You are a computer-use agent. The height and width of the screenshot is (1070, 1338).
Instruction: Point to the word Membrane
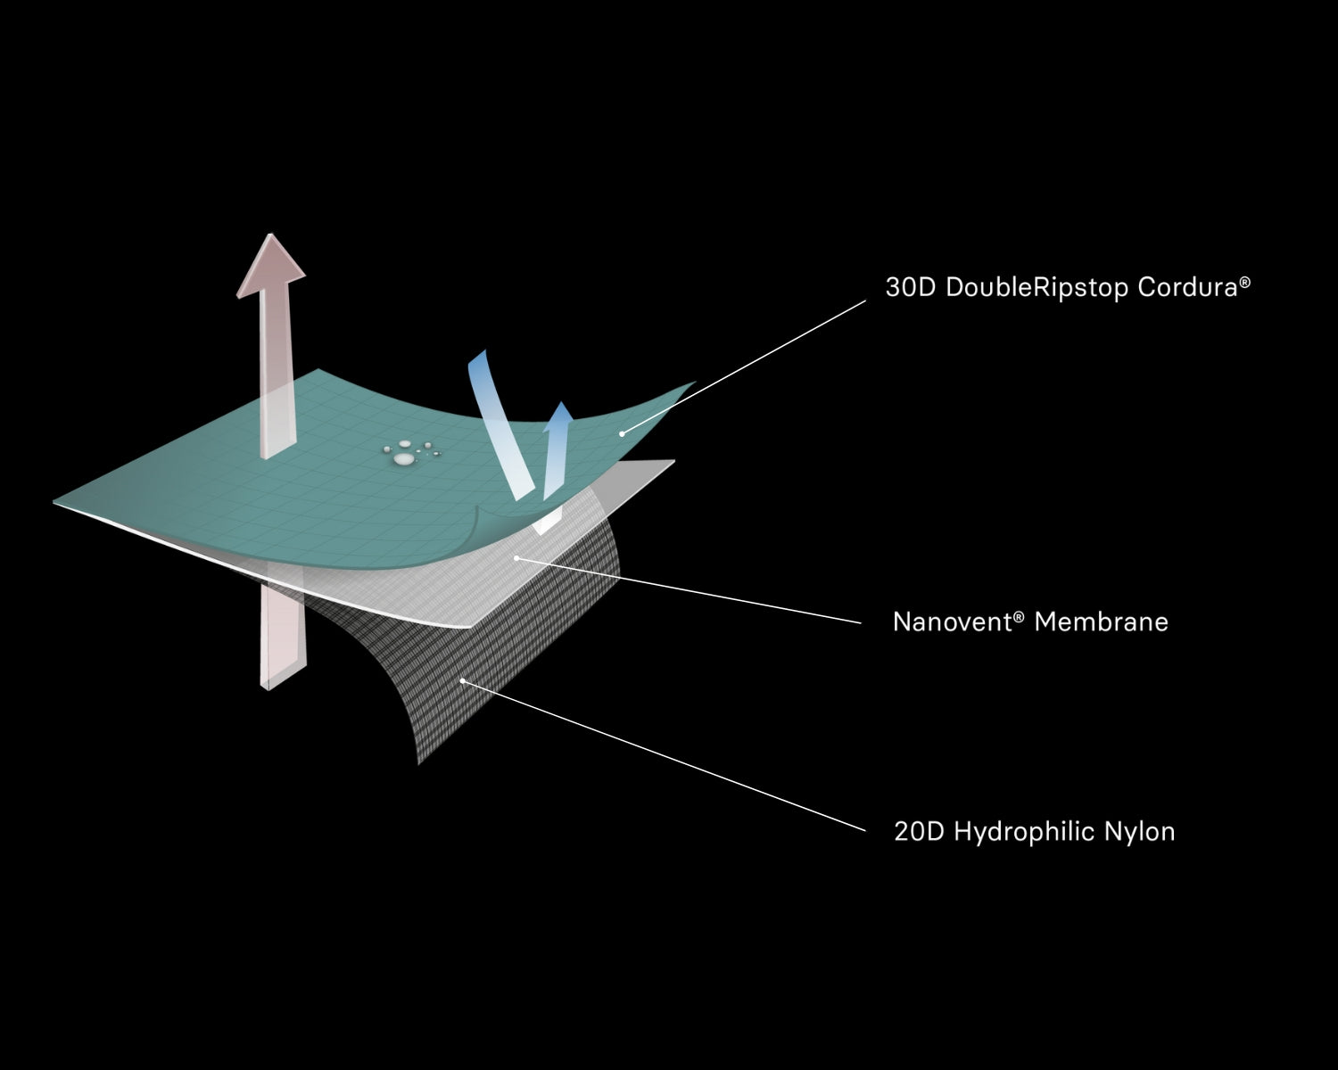(1101, 621)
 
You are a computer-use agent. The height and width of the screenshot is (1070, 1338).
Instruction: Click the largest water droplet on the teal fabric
(403, 459)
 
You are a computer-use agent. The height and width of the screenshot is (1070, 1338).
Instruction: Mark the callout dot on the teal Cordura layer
(622, 433)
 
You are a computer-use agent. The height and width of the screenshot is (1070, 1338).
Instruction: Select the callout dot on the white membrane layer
(516, 558)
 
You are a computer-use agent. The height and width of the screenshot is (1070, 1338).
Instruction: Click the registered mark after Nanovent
(1019, 614)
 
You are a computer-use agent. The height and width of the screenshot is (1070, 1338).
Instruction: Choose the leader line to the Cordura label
(745, 366)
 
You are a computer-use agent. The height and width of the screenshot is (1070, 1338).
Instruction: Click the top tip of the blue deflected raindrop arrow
(482, 354)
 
